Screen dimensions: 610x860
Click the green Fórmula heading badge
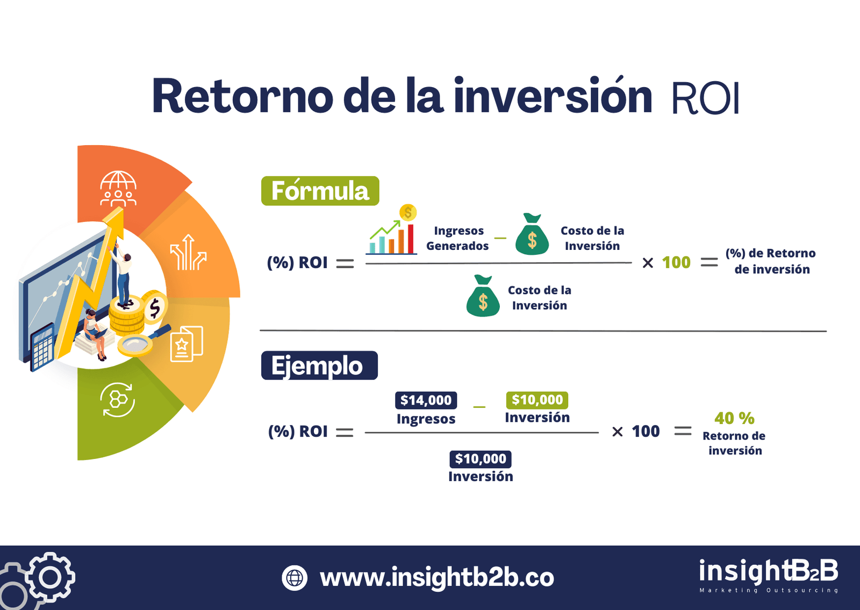point(320,191)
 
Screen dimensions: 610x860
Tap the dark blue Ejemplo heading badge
point(319,365)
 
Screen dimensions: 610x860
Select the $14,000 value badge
point(426,400)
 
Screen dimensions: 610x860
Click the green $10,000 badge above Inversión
point(537,400)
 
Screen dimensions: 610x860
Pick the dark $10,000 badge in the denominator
point(480,458)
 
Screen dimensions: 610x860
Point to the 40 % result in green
point(734,418)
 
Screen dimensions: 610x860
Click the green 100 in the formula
point(676,262)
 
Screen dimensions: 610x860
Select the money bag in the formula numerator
point(532,235)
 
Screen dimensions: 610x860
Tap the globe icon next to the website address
point(295,578)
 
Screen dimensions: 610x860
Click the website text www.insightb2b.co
point(436,578)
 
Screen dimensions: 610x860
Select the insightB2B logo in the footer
point(768,574)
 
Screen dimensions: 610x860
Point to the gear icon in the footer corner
point(49,578)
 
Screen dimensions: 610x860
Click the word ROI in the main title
point(705,98)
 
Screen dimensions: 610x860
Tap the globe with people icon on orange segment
point(118,189)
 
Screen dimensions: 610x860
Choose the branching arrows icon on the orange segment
point(188,253)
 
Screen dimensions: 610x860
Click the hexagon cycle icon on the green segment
point(118,399)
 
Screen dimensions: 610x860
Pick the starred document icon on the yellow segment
point(186,344)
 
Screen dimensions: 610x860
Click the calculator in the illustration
point(42,347)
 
